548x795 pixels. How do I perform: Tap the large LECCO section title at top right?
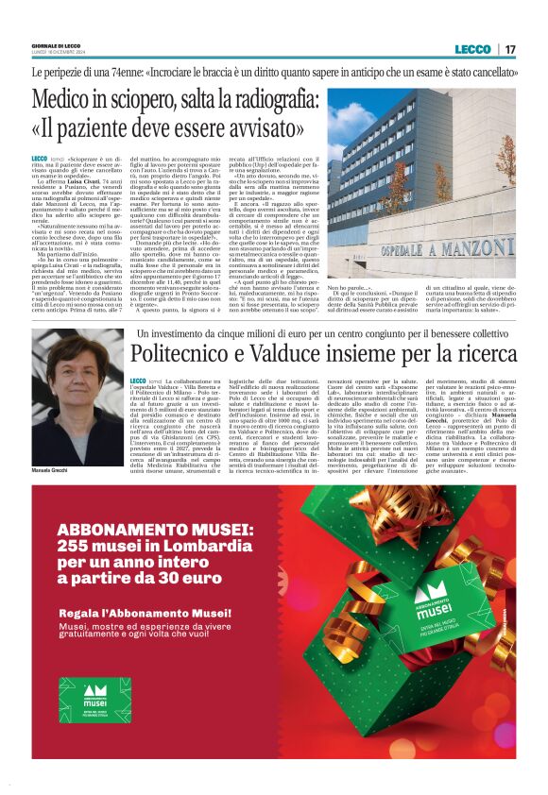point(471,49)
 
